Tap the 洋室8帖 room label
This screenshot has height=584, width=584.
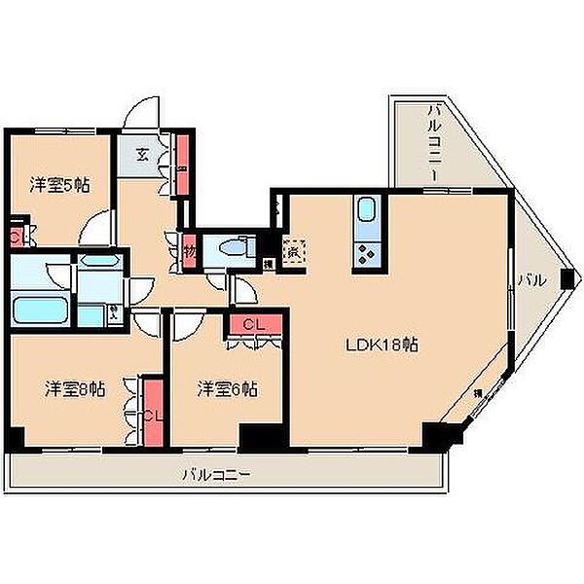(x=75, y=388)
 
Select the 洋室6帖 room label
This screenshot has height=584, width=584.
(x=227, y=388)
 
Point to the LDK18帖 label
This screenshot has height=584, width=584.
(x=383, y=345)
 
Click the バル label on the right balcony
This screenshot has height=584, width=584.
(x=530, y=280)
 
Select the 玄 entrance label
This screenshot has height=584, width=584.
(x=141, y=154)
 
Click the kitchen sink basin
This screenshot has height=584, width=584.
(x=368, y=210)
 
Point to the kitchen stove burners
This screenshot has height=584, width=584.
(x=368, y=253)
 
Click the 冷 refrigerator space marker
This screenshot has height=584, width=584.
(x=292, y=250)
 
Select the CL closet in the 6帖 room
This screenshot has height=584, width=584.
(x=255, y=323)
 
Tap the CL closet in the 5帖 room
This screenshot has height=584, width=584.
(x=17, y=237)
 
